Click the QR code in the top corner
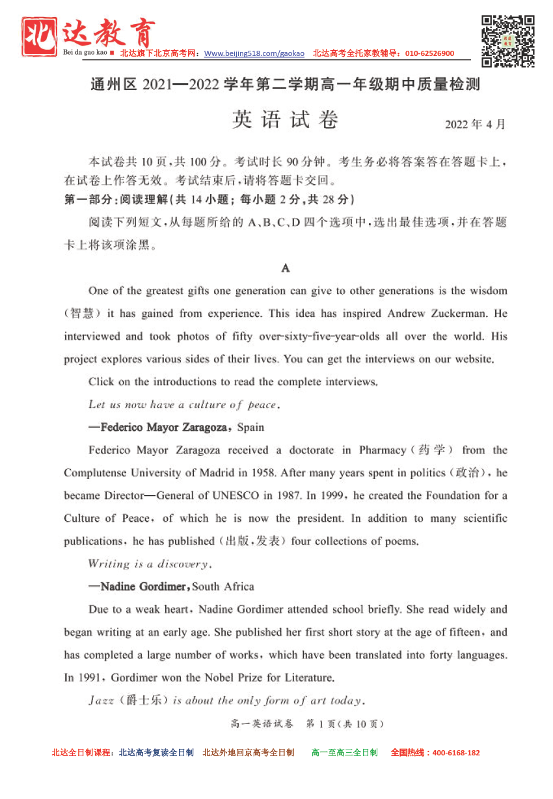pos(508,41)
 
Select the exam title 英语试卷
pos(285,120)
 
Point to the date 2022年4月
pos(475,124)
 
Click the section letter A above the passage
pos(285,267)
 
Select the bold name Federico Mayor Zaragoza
pos(164,427)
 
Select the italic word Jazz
pos(101,701)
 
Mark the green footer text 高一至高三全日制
pos(344,753)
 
